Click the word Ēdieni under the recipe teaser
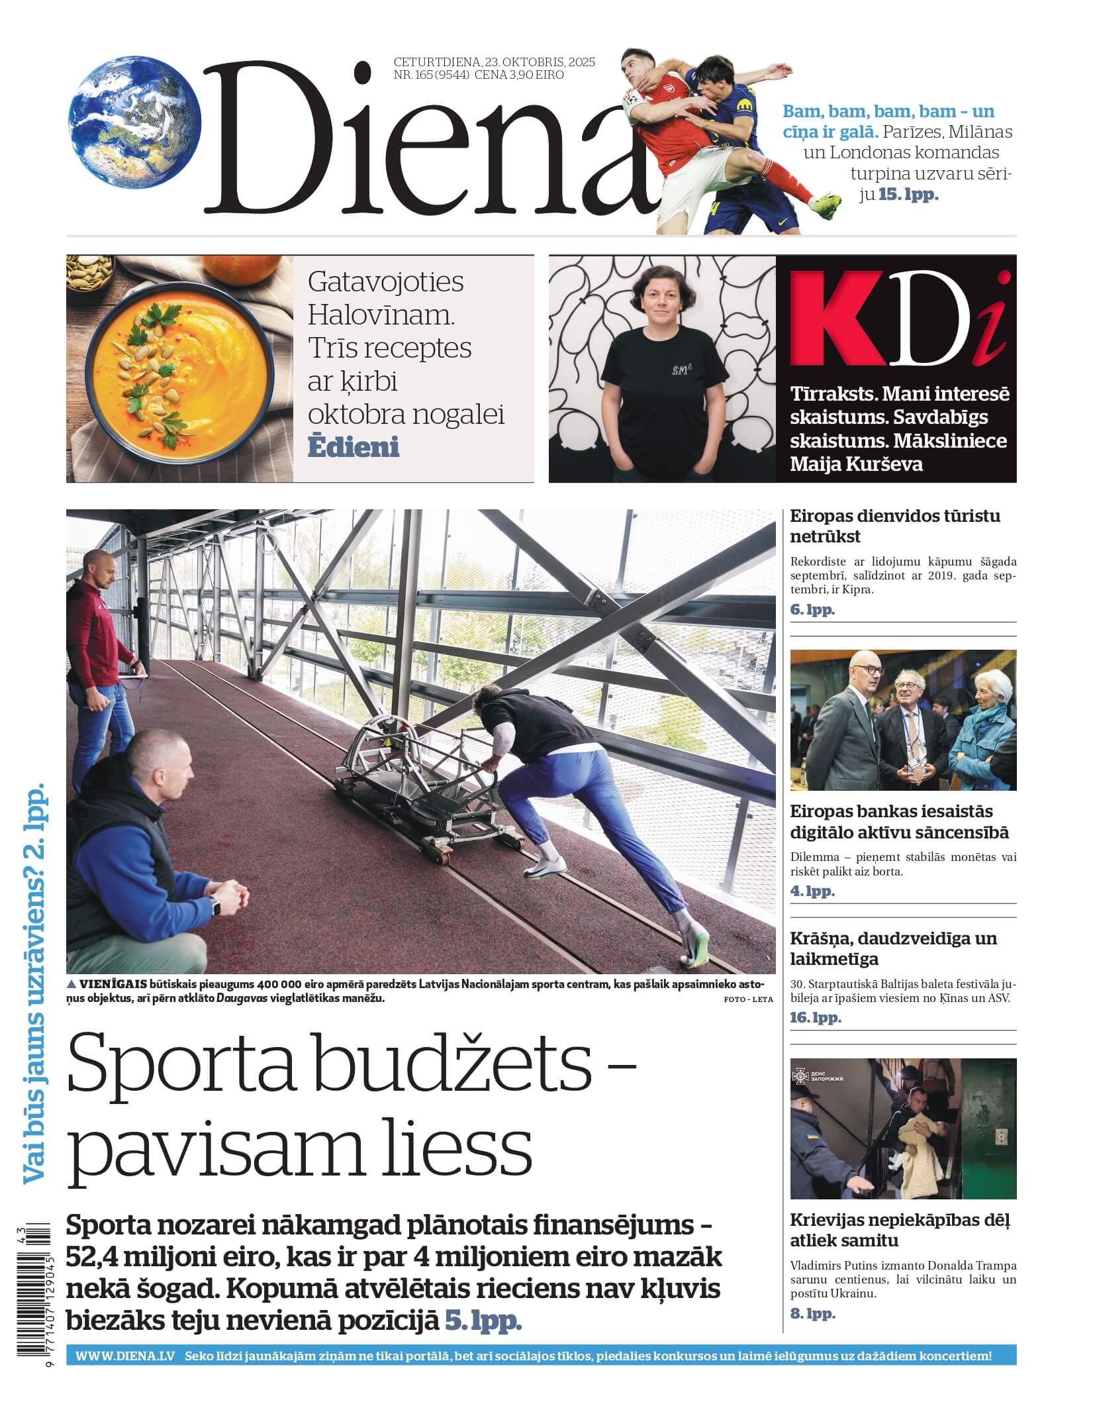point(353,448)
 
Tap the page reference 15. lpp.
point(908,195)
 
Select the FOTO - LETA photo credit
point(748,999)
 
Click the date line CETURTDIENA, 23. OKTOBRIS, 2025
point(494,62)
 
